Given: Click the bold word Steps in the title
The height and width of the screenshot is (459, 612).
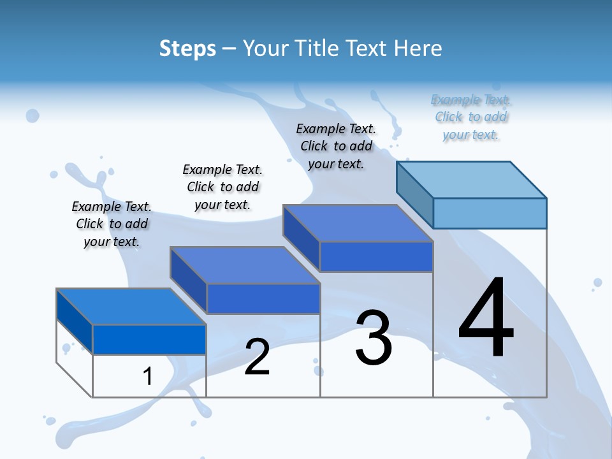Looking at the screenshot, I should (187, 48).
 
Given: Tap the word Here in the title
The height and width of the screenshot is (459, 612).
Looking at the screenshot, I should (418, 48).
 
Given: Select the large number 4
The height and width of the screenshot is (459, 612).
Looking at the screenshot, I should (486, 319).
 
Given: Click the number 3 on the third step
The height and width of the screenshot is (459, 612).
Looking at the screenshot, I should (374, 338).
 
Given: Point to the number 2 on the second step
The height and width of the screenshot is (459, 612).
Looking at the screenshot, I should (257, 357).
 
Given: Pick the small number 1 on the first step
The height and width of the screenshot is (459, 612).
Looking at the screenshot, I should (147, 376).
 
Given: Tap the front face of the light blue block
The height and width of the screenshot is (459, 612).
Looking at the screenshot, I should (490, 213).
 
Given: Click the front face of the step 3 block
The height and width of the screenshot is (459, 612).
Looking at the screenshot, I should (376, 257).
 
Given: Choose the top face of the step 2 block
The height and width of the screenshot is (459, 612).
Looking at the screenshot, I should (245, 265).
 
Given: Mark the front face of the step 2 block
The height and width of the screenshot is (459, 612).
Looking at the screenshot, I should (263, 299).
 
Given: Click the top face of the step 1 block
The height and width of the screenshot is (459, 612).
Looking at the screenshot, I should (131, 307).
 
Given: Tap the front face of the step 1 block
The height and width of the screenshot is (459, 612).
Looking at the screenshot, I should (149, 339).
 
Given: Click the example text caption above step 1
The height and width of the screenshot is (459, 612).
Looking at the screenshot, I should (112, 224).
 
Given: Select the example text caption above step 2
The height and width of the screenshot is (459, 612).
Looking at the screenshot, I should (222, 187).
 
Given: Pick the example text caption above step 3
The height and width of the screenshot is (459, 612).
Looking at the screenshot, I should (336, 146).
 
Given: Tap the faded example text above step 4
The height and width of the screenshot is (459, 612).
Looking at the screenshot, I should (470, 117).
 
